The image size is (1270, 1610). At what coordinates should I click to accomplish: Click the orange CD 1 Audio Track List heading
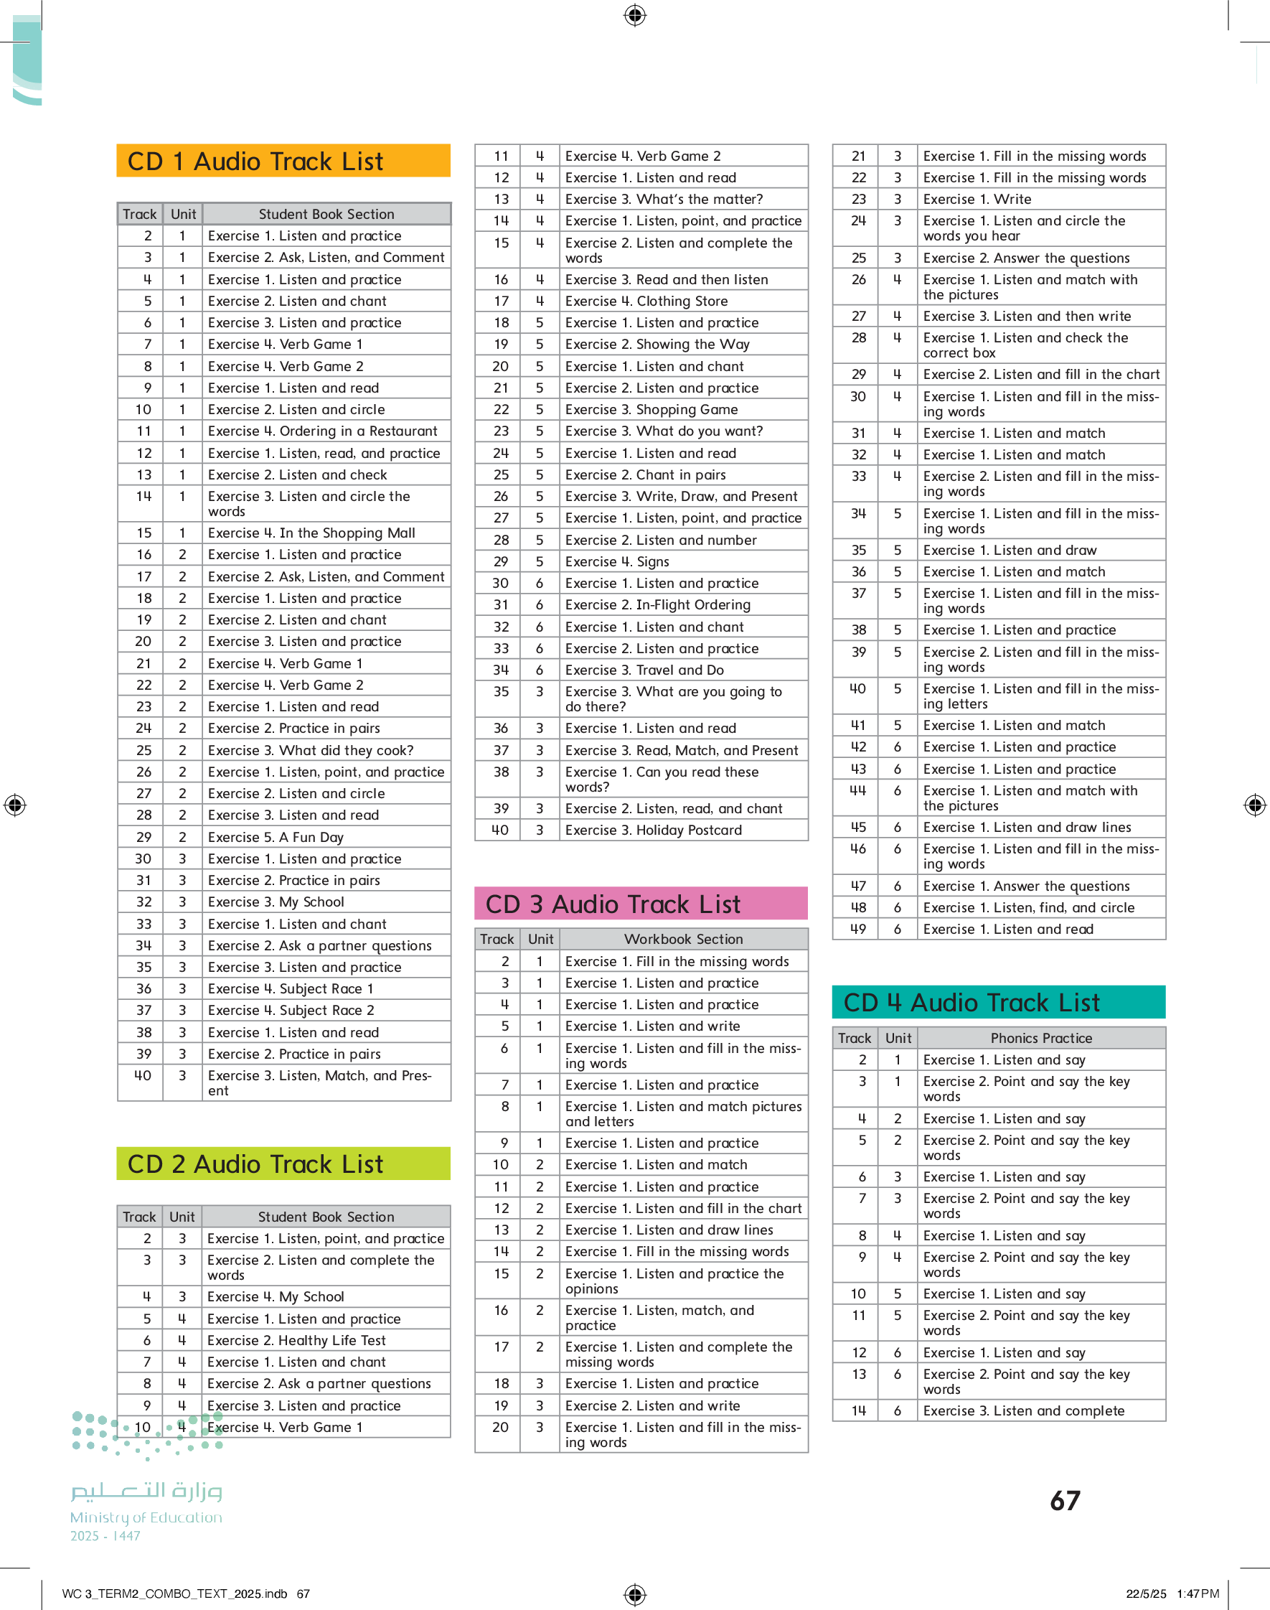283,161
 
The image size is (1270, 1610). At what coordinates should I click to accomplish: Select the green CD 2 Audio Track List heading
283,1163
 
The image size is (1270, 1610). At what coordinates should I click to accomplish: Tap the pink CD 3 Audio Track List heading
640,904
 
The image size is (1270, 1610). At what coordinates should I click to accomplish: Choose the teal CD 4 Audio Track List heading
998,1002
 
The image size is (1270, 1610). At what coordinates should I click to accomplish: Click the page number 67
1065,1500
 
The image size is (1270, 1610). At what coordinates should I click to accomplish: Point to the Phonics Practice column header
1040,1037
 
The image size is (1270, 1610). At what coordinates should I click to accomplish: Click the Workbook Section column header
682,938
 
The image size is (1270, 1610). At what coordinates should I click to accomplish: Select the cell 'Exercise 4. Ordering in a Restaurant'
323,431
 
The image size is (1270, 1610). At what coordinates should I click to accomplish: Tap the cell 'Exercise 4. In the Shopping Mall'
311,533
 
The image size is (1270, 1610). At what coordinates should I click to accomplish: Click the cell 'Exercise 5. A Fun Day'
276,837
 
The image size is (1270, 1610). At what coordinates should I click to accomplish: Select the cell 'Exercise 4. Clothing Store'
646,301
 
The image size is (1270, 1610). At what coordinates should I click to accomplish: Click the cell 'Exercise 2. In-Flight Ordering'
657,604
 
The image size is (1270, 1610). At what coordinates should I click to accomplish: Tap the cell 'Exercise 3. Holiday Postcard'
653,830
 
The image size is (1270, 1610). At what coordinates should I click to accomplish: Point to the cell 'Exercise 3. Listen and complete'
1023,1410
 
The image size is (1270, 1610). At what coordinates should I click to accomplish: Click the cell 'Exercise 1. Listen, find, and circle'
1028,907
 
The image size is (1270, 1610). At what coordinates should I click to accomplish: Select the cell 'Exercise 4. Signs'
616,561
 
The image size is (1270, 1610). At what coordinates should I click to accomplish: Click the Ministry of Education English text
146,1517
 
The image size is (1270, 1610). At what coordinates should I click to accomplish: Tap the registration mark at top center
635,15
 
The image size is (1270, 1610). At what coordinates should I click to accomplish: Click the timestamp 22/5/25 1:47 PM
1172,1593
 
